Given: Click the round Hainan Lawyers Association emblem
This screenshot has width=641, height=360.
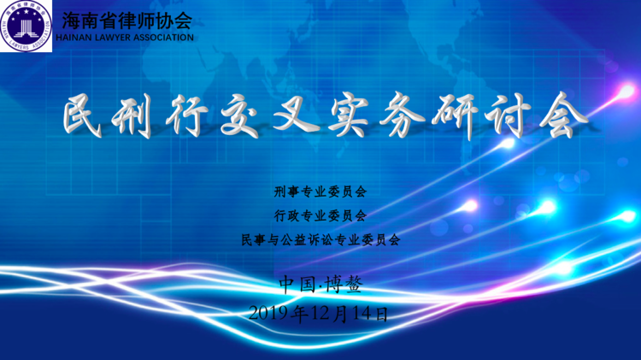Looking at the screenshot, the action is [26, 26].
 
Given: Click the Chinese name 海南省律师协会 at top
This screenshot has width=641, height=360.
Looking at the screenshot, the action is [127, 21].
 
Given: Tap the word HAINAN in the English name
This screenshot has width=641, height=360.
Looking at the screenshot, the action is [72, 38].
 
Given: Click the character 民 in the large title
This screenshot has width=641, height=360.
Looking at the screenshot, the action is [83, 115].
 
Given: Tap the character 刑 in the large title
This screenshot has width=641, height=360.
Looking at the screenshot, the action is [132, 115].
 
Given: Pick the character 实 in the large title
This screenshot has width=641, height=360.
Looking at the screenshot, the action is [349, 115].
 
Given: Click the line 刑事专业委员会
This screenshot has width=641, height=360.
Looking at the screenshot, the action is [320, 192].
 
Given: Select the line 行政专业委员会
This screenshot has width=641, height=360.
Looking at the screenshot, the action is [320, 215].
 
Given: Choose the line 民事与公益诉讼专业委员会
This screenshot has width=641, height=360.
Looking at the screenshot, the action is [320, 239].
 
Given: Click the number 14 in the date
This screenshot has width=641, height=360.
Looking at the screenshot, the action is [362, 313].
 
